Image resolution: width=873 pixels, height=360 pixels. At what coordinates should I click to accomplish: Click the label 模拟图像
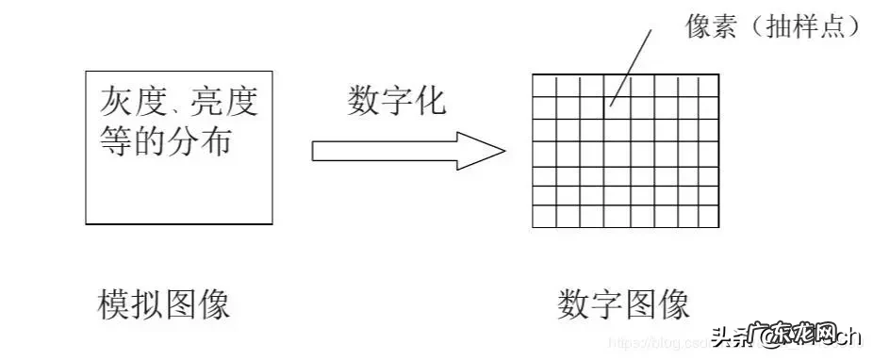(164, 304)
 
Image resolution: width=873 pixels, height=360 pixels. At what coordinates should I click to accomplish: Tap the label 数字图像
(623, 304)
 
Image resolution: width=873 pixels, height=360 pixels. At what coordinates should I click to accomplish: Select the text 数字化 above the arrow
(396, 100)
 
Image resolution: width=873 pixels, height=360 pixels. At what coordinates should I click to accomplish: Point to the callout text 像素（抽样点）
(772, 27)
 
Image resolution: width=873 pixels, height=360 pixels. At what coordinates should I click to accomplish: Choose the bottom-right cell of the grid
(708, 218)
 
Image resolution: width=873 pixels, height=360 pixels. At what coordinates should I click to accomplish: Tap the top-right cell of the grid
(708, 85)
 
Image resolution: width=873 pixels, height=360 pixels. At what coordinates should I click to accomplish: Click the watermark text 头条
(728, 335)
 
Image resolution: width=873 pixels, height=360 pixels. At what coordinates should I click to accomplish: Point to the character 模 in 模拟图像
(114, 304)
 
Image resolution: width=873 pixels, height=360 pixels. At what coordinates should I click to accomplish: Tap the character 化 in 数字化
(430, 100)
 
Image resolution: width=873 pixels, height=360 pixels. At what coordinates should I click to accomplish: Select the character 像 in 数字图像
(673, 304)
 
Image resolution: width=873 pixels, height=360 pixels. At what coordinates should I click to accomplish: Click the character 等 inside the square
(116, 141)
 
